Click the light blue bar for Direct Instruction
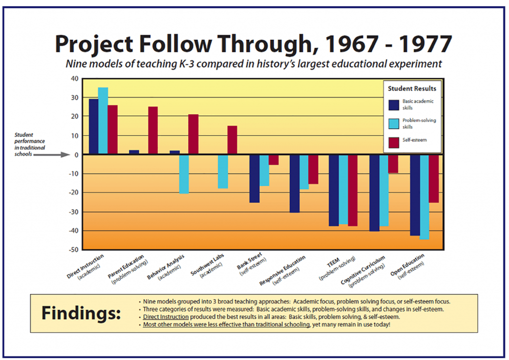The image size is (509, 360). pyautogui.click(x=103, y=121)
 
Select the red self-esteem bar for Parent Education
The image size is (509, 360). pyautogui.click(x=153, y=130)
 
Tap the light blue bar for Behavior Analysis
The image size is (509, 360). pyautogui.click(x=184, y=175)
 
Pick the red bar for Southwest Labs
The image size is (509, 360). pyautogui.click(x=232, y=140)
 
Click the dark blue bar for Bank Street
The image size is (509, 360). pyautogui.click(x=254, y=179)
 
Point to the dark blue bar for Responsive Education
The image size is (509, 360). pyautogui.click(x=295, y=184)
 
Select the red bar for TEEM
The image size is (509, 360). pyautogui.click(x=352, y=190)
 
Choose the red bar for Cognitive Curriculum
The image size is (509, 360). pyautogui.click(x=393, y=164)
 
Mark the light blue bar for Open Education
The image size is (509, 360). pyautogui.click(x=424, y=197)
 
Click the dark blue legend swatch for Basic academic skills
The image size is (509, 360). pyautogui.click(x=394, y=105)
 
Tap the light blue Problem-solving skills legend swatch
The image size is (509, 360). pyautogui.click(x=394, y=124)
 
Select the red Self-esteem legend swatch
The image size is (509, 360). pyautogui.click(x=394, y=143)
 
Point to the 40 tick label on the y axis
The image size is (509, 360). pyautogui.click(x=75, y=79)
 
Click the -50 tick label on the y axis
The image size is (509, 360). pyautogui.click(x=74, y=250)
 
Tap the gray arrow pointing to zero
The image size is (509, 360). pyautogui.click(x=52, y=155)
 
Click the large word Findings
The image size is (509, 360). pyautogui.click(x=81, y=313)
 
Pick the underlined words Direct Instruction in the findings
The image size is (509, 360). pyautogui.click(x=166, y=317)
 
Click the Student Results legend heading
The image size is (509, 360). pyautogui.click(x=412, y=89)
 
